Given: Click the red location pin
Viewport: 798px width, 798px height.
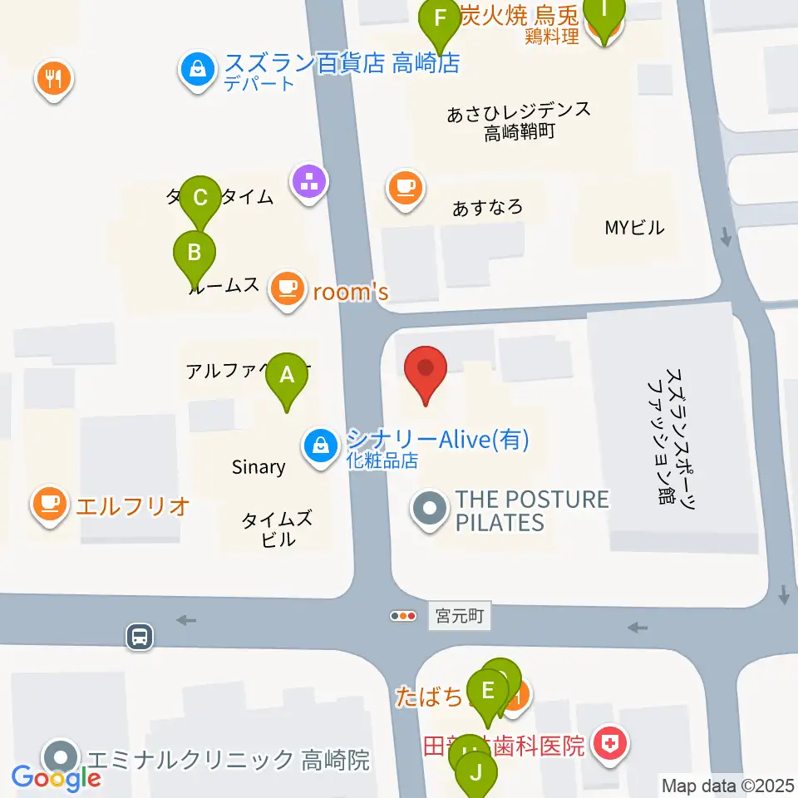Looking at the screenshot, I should [x=426, y=371].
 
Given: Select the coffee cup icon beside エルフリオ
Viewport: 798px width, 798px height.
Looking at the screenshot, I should [x=50, y=504].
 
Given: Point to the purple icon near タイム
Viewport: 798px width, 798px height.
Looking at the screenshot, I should [x=309, y=180].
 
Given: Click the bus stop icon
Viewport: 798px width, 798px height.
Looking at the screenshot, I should [x=140, y=638].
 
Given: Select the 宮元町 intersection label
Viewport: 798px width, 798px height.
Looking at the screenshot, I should [x=461, y=617].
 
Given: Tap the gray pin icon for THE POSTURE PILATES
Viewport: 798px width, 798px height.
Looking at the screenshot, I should [x=431, y=510].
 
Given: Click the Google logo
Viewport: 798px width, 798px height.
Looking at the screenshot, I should [x=57, y=778].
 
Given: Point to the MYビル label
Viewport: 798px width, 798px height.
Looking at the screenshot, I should [x=634, y=228].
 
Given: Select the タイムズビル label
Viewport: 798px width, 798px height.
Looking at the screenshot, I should [x=277, y=530].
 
